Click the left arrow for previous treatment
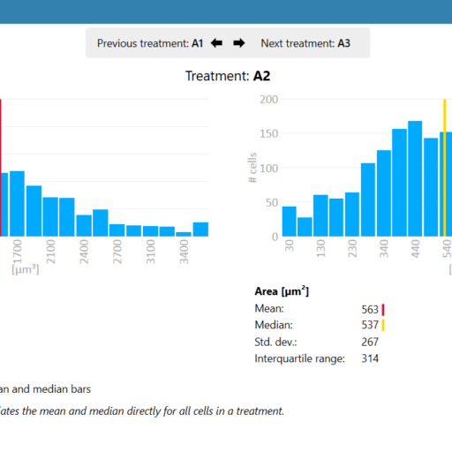217,42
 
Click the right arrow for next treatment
239,42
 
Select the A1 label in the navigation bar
198,42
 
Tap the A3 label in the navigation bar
344,42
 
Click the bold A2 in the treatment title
262,76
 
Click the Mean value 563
370,309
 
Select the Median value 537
370,325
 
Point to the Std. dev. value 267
370,342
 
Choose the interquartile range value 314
370,358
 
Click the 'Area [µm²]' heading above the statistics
282,291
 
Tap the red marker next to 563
384,309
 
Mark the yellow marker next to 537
384,325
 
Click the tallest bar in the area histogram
415,179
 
